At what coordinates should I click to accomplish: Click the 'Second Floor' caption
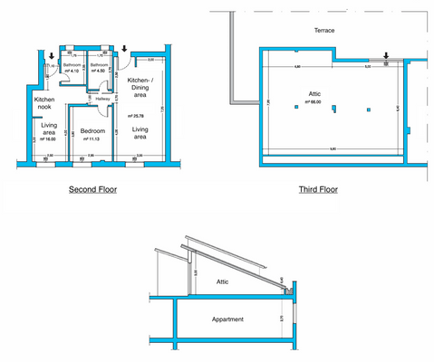pos(92,190)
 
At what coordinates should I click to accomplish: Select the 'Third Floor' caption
pos(319,190)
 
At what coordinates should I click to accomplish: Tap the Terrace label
pos(324,30)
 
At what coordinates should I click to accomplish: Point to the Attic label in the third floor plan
pos(314,94)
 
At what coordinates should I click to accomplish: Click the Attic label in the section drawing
pos(222,282)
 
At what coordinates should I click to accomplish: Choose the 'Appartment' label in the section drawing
pos(227,319)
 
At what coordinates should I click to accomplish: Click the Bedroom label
pos(93,131)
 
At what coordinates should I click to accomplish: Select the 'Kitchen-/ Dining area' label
pos(140,88)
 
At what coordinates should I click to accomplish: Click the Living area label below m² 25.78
pos(140,135)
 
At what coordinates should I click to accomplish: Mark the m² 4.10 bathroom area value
pos(71,71)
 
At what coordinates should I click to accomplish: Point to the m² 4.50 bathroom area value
pos(100,71)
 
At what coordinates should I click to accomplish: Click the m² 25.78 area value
pos(137,116)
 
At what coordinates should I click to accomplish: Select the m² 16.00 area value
pos(48,139)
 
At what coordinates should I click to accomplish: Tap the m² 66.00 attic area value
pos(314,103)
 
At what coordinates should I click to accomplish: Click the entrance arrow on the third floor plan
pos(386,56)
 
